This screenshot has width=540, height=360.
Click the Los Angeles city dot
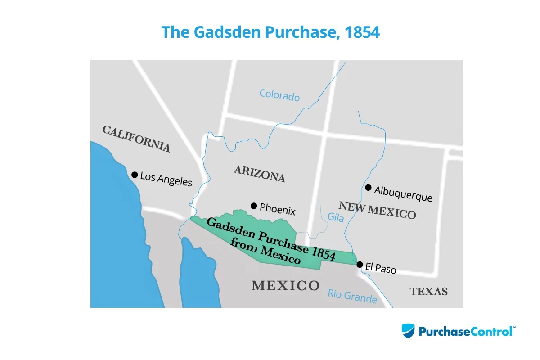pos(134,175)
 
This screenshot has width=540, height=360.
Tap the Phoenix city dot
pos(254,206)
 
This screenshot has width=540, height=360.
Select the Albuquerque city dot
pos(368,187)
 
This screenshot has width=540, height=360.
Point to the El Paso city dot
pos(360,265)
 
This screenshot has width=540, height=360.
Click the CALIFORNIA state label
pos(136,139)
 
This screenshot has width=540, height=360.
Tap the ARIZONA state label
pos(260,173)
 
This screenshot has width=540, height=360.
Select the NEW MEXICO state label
pos(377,210)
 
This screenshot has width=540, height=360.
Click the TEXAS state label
pos(428,292)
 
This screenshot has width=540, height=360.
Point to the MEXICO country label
pos(285,285)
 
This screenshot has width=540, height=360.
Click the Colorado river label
pos(279,95)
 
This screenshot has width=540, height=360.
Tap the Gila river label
pos(336,218)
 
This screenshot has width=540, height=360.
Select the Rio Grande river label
pos(352,296)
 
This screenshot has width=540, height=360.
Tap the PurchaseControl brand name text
pos(467,332)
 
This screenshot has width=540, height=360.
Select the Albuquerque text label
pos(403,194)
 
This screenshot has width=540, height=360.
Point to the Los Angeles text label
pos(166,179)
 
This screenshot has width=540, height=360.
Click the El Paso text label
pos(381,268)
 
